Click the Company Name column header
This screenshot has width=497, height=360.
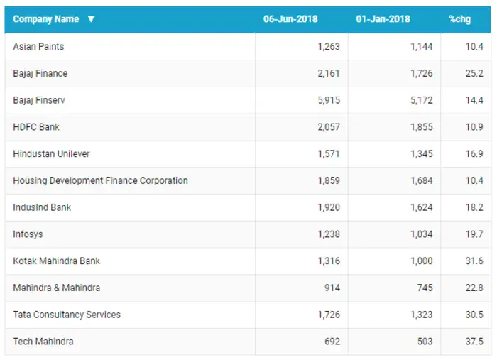point(46,19)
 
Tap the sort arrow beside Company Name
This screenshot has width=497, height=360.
point(91,19)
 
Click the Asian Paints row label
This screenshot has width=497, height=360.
point(38,47)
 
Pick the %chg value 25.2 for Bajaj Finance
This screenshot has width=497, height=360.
point(475,73)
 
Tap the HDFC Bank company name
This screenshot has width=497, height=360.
point(36,127)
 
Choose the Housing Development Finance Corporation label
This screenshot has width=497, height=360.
point(100,180)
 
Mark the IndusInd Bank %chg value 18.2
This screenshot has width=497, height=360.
point(475,207)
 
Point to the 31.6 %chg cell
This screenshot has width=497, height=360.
point(475,261)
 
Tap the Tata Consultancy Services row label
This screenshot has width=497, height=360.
point(67,315)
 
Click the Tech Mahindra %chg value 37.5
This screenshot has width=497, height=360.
point(475,342)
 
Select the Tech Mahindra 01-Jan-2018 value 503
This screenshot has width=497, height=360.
point(425,342)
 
